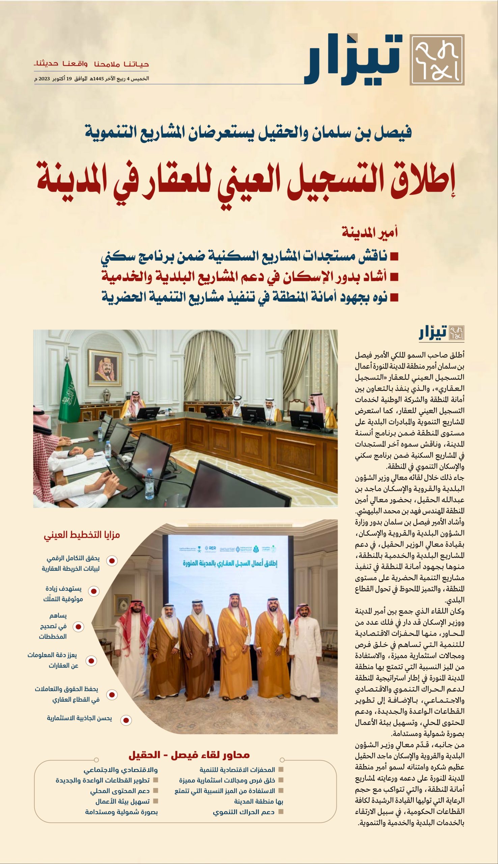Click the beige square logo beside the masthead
[x=437, y=60]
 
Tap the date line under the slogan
[x=92, y=79]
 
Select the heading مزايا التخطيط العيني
[x=82, y=535]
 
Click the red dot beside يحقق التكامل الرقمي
[x=112, y=561]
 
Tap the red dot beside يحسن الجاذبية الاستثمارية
[x=126, y=720]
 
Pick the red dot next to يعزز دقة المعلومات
[x=91, y=660]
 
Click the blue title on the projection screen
[x=230, y=563]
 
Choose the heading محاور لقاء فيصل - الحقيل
[x=189, y=755]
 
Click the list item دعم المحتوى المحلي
[x=120, y=791]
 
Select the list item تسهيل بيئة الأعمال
[x=122, y=802]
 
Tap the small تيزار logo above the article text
[x=441, y=333]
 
